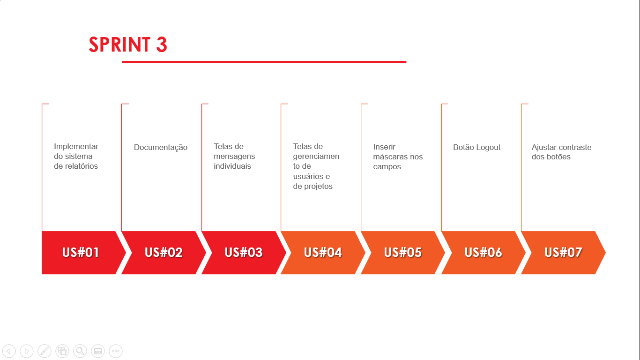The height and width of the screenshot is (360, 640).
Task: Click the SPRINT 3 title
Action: (128, 45)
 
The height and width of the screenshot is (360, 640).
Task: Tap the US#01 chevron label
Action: (81, 253)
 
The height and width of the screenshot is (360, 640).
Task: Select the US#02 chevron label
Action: (164, 253)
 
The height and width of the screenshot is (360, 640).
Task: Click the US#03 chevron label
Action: (244, 253)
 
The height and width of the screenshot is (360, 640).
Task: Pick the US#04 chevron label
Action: (323, 253)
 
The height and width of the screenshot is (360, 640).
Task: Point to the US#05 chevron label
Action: (403, 253)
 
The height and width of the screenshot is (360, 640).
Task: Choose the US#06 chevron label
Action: (483, 253)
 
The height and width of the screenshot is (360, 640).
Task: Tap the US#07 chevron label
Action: (563, 253)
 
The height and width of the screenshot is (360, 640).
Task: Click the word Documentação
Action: (161, 148)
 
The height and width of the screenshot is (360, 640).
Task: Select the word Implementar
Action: (76, 147)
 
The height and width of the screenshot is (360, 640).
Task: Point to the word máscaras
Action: (391, 157)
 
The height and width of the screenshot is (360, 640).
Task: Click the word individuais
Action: (232, 166)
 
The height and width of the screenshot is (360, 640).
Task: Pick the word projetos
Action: (318, 187)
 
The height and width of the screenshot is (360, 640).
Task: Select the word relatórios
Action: (81, 166)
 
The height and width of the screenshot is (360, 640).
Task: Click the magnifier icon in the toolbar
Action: (80, 351)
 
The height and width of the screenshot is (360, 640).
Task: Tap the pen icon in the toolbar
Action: (45, 351)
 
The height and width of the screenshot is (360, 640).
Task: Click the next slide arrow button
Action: (27, 351)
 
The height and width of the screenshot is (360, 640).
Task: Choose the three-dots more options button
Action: (116, 351)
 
